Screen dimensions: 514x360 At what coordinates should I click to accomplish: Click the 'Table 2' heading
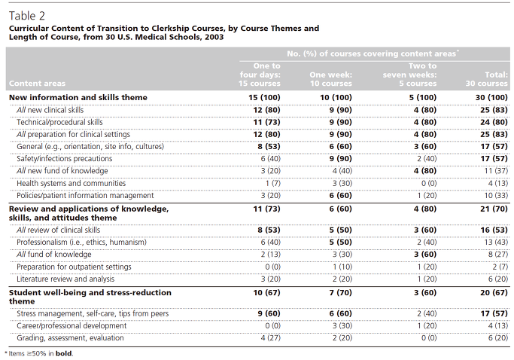[27, 16]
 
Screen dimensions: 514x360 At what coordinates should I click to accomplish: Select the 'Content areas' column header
[37, 84]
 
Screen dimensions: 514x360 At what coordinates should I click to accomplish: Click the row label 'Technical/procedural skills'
[59, 123]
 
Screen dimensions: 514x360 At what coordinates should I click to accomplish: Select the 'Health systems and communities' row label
[71, 184]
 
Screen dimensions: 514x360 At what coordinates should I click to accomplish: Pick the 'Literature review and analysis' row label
[65, 279]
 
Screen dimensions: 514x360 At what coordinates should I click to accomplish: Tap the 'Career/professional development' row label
[71, 326]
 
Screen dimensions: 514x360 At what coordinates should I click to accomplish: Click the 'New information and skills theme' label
[78, 97]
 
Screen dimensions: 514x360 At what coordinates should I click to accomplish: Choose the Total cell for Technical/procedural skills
[494, 123]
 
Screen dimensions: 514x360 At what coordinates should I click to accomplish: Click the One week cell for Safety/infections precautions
[341, 159]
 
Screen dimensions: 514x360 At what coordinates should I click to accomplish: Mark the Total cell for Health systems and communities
[498, 184]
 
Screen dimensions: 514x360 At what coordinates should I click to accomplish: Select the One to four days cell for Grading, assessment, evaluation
[271, 338]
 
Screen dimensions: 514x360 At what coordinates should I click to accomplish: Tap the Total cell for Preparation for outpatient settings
[500, 267]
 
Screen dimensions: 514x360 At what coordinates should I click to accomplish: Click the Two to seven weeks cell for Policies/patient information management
[427, 196]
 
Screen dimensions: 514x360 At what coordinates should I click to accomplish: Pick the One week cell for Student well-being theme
[341, 293]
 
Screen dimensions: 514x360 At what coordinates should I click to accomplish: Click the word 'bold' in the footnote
[64, 354]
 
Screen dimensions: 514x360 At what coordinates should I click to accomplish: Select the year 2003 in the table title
[214, 37]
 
